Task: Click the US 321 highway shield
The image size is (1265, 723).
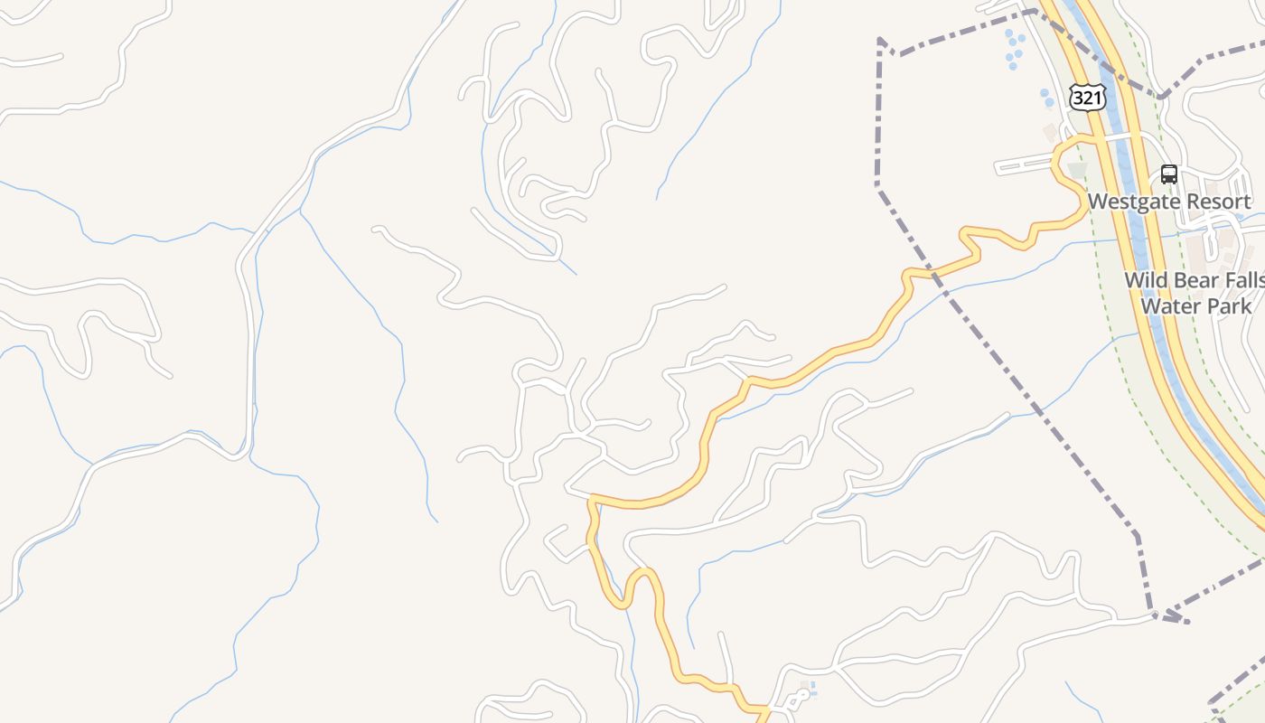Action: click(x=1087, y=98)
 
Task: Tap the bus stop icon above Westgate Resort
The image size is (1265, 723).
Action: click(x=1168, y=174)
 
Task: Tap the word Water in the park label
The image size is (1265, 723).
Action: click(x=1167, y=305)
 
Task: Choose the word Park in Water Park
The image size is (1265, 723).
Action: click(x=1227, y=305)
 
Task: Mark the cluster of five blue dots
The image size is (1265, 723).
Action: click(x=1015, y=50)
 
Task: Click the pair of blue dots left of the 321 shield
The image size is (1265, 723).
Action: click(x=1046, y=97)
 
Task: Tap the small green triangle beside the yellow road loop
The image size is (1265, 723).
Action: click(x=1077, y=170)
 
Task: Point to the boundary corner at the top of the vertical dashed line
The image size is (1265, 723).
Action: click(x=880, y=40)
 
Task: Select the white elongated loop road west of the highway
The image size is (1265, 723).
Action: click(x=1025, y=165)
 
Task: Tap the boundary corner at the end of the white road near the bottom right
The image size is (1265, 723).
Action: click(x=1156, y=615)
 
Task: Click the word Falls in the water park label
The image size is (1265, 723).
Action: click(x=1243, y=280)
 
